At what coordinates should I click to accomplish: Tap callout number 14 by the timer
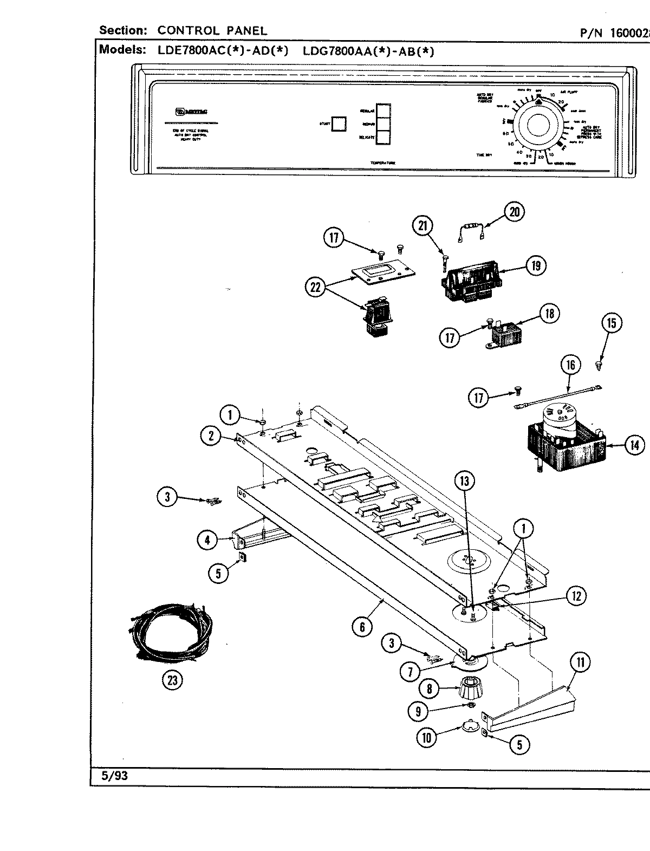634,445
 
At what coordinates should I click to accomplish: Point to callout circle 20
514,211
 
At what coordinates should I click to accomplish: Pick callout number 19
536,265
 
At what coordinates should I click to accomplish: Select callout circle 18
550,314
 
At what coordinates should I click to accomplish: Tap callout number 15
612,323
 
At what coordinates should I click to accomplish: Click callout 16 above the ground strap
570,365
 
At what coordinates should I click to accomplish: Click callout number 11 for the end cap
580,661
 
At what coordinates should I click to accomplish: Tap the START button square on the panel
339,124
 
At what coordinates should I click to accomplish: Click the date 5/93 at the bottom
114,776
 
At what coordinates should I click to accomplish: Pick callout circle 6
362,627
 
